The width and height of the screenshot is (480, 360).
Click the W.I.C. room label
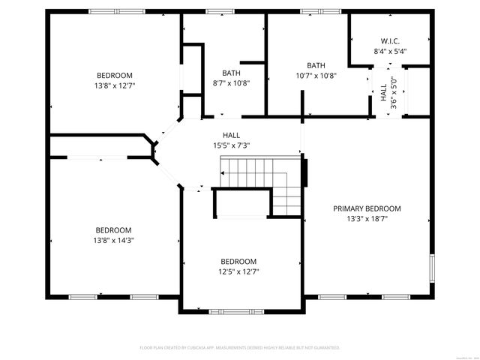(389, 40)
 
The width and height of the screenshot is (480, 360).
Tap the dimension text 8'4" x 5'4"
(389, 51)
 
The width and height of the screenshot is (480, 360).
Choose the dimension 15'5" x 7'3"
(230, 145)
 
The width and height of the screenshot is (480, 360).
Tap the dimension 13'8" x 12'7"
(115, 85)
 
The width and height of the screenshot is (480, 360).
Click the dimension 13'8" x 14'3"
(114, 240)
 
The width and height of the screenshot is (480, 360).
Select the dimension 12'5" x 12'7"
(238, 271)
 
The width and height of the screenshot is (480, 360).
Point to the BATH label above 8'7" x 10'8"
(230, 73)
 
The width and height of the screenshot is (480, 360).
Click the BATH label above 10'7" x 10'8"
(316, 65)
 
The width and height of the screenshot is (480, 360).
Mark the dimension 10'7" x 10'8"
(316, 76)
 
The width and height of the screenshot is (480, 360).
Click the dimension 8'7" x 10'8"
(230, 83)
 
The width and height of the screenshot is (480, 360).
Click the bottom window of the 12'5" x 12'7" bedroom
(226, 311)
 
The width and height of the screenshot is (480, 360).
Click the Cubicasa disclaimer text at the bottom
(240, 348)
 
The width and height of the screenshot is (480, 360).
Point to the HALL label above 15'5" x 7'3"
(230, 135)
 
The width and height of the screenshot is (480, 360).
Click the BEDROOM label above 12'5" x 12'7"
(238, 261)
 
